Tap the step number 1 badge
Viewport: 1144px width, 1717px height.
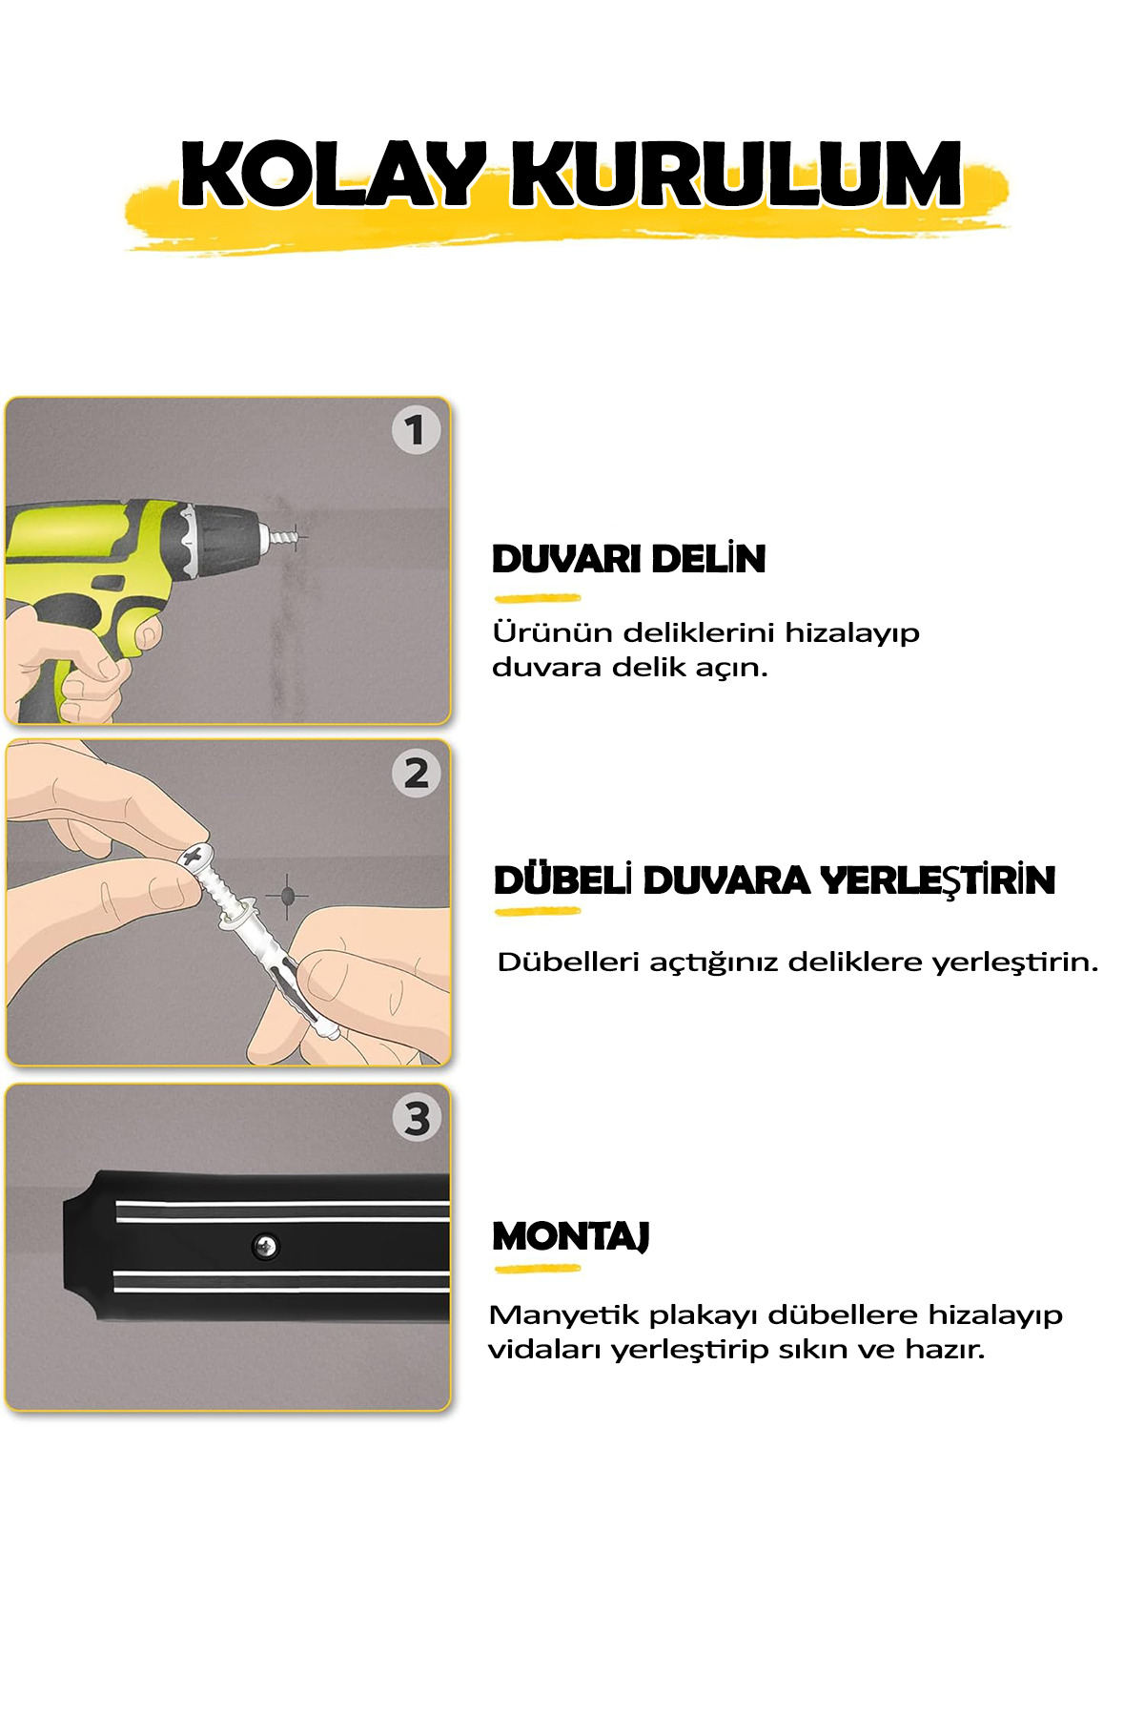coord(416,430)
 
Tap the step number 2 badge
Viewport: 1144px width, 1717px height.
coord(416,774)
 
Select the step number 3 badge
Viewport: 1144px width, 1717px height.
coord(417,1118)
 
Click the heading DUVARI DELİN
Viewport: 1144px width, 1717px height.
coord(628,559)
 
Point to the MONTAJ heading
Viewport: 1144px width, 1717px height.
coord(571,1236)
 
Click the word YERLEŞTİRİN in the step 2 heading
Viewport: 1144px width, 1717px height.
coord(938,880)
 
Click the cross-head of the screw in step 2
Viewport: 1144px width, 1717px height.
coord(195,856)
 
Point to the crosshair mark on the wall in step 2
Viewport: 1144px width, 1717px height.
coord(287,896)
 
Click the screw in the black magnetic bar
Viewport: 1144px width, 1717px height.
coord(265,1245)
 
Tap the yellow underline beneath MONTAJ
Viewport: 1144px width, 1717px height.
coord(538,1269)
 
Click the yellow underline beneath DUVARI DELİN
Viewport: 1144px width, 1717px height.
coord(538,599)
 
